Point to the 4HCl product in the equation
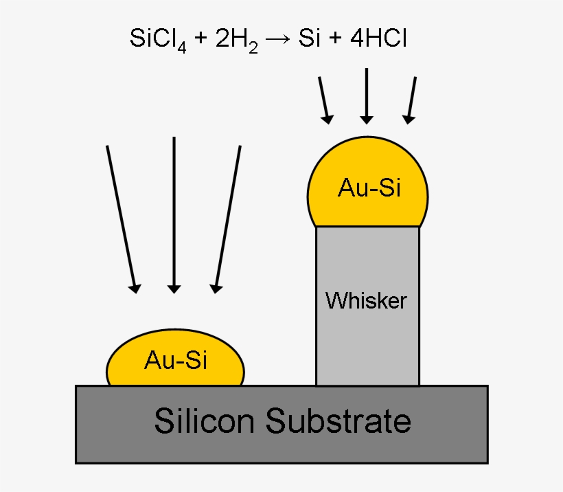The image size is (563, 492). click(378, 38)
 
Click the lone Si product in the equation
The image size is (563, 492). click(311, 38)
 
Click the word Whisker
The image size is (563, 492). click(367, 300)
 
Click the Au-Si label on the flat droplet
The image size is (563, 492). click(175, 359)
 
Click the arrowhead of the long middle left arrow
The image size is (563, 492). click(174, 287)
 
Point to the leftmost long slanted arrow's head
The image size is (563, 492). click(136, 287)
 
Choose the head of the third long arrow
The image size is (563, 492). click(216, 287)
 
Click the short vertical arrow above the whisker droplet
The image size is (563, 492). click(367, 96)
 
